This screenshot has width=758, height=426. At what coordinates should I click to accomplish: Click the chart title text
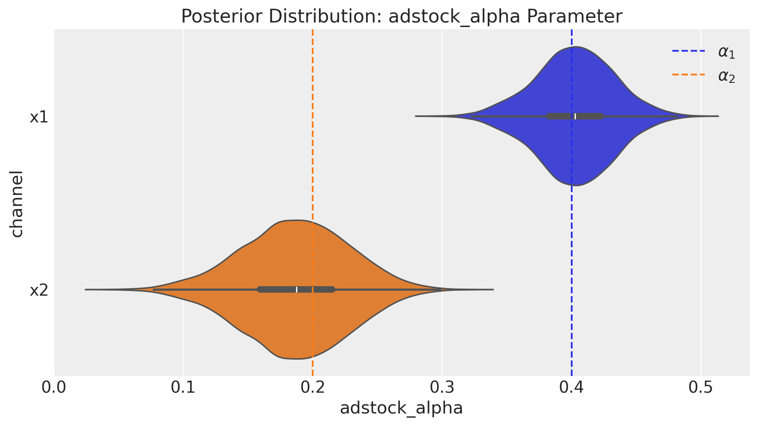401,17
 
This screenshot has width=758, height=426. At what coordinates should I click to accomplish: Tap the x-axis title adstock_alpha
401,408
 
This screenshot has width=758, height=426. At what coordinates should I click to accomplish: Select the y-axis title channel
17,203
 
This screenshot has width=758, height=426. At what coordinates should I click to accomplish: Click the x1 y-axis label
39,117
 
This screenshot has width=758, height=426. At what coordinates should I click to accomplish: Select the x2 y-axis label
39,290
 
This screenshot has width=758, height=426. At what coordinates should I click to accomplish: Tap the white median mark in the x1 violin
575,117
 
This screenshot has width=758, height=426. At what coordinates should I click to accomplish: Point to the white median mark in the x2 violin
297,289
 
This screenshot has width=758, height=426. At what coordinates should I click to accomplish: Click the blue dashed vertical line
572,250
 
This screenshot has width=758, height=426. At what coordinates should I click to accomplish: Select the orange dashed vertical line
312,125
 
